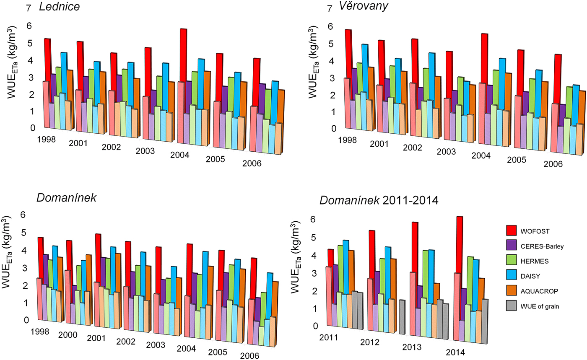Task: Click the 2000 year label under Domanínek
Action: [x=67, y=336]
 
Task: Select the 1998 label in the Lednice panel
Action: [x=46, y=139]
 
